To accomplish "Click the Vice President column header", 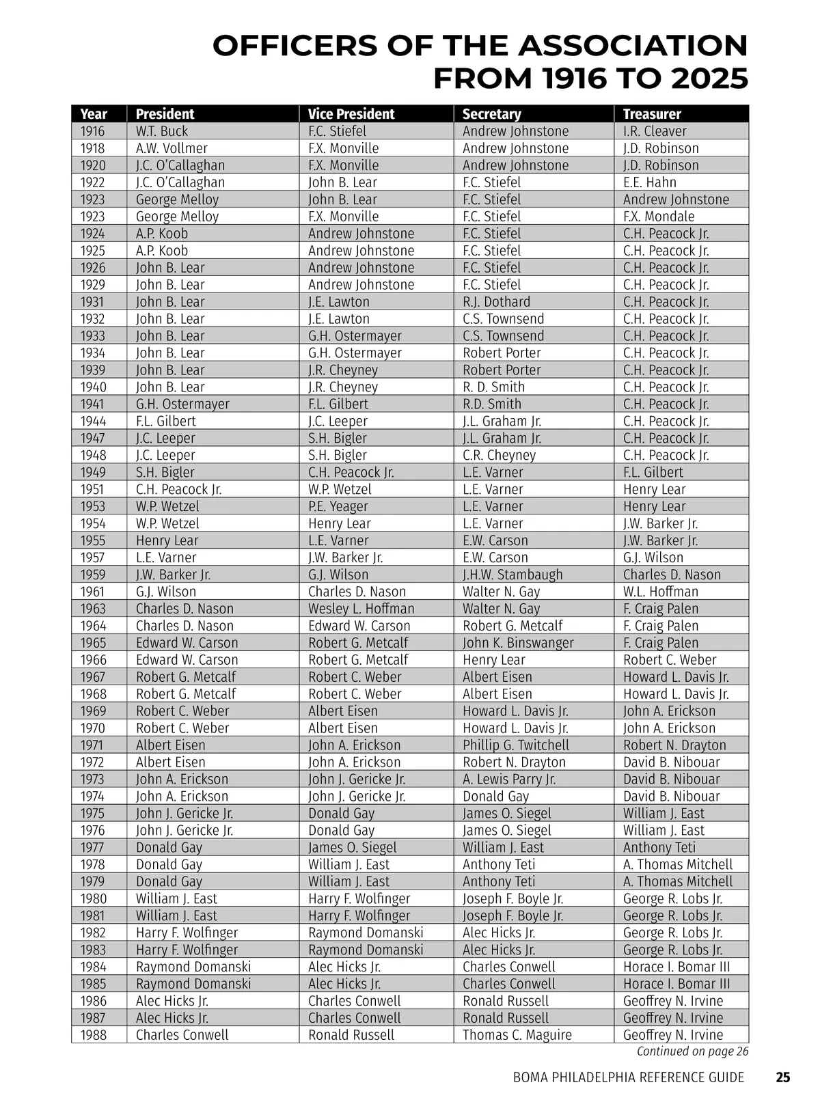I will (351, 114).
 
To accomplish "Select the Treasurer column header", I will (652, 114).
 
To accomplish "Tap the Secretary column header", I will (491, 114).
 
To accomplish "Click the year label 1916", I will (93, 131).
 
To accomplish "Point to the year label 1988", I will (94, 1035).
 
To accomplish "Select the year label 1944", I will (93, 422).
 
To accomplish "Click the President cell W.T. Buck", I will (162, 131).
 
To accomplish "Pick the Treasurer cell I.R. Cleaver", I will (655, 131).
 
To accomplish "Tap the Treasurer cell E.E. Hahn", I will (649, 182).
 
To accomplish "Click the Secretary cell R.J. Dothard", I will (496, 302).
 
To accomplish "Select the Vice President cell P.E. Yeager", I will (338, 506).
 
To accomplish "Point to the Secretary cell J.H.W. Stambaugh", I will (512, 575).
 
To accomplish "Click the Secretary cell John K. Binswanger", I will (518, 643).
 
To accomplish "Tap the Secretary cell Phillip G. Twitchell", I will (515, 745).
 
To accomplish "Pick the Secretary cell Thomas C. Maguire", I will (517, 1035).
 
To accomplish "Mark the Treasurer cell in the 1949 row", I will (653, 473).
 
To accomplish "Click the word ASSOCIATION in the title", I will (632, 46).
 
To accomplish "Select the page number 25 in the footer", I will (783, 1077).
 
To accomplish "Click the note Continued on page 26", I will (692, 1051).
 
